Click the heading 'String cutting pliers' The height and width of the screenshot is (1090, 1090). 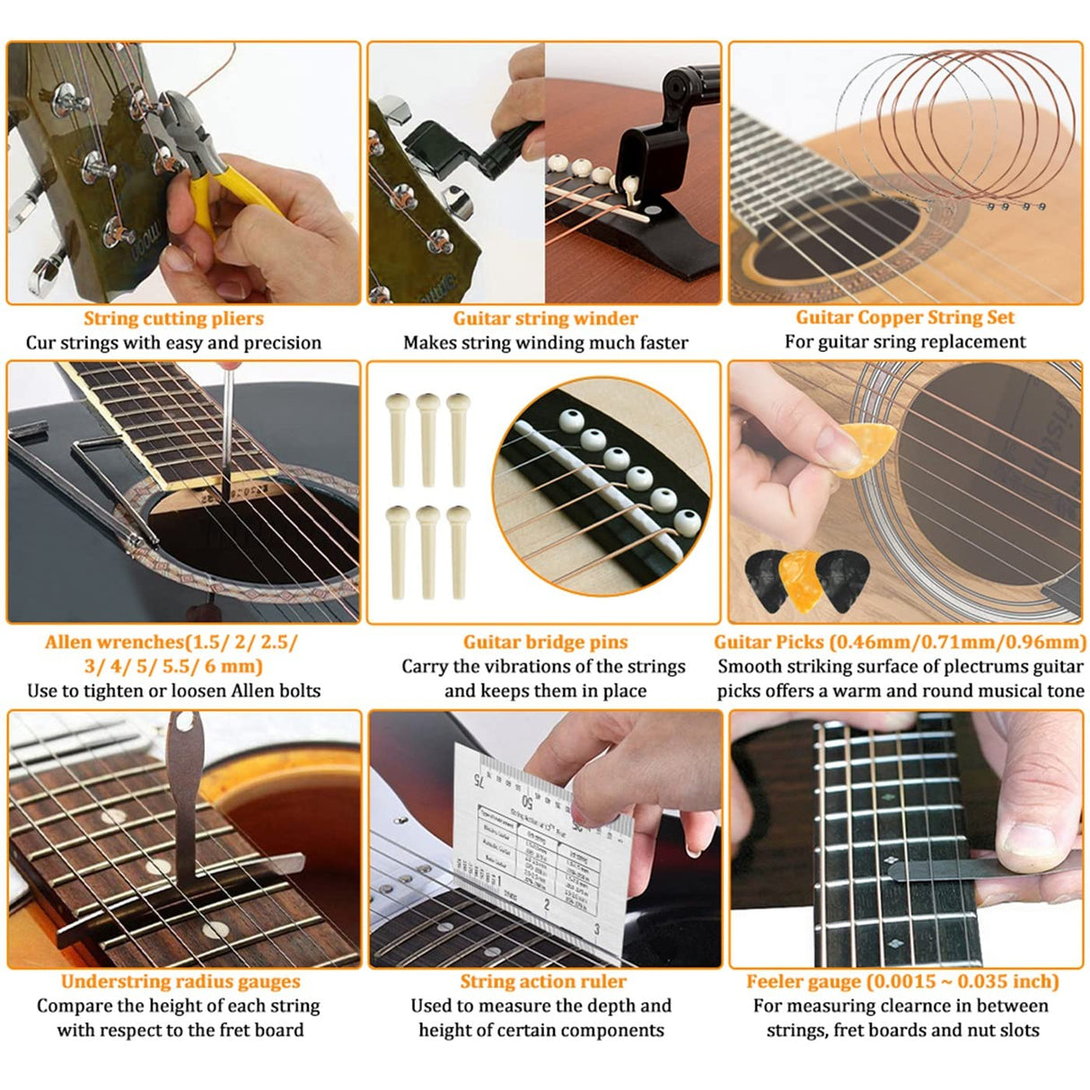point(173,318)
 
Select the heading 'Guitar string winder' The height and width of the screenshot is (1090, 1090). point(545,318)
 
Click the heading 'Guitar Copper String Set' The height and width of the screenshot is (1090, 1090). point(905,317)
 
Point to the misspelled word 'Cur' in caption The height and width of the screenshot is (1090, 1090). point(40,342)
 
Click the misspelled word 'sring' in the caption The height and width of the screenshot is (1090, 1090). point(906,341)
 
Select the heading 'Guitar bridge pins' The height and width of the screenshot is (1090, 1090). point(545,642)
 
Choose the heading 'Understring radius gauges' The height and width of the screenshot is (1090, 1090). point(180,981)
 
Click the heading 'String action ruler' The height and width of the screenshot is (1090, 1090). point(543,981)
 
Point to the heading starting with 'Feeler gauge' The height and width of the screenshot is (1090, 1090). point(902,981)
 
